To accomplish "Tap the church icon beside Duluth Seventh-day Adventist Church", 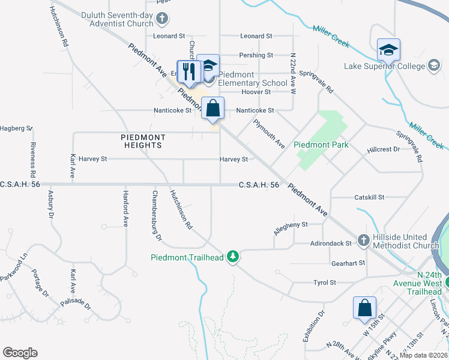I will [x=161, y=19].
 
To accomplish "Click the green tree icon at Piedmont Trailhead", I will [x=233, y=257].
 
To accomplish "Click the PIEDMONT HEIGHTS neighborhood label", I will [x=142, y=141].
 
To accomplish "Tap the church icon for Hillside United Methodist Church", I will [x=363, y=241].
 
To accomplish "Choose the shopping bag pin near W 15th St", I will [x=364, y=308].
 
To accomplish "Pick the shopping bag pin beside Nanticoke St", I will [x=212, y=109].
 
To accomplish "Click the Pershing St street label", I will [x=252, y=55].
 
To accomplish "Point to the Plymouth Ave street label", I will [x=268, y=134].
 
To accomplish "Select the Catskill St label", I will [x=369, y=197].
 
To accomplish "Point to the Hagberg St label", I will [x=16, y=128].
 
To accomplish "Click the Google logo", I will [x=20, y=353].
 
